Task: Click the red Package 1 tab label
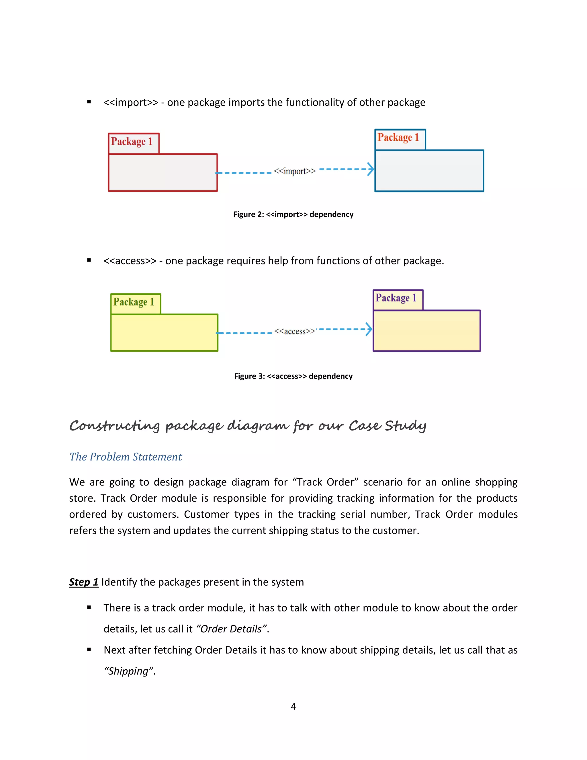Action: pos(132,142)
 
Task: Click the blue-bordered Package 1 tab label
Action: pos(398,137)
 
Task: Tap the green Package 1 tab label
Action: pos(134,302)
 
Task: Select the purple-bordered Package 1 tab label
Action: pos(396,298)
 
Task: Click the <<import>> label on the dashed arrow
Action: pos(295,171)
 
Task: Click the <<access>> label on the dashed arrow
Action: pos(295,331)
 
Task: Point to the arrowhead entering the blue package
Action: pos(371,169)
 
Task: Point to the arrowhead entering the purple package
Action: pos(369,329)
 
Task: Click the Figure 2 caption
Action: pos(293,214)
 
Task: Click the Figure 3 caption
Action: pos(293,376)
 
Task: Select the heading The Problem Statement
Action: pos(126,457)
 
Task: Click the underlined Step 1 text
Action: pos(83,582)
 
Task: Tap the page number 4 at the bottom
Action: pos(293,706)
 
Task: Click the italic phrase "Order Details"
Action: pos(232,629)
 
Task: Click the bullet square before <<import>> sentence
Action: pos(89,102)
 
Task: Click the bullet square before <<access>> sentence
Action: pos(89,260)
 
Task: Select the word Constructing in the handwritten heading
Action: pos(115,426)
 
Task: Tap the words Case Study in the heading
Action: pos(387,426)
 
